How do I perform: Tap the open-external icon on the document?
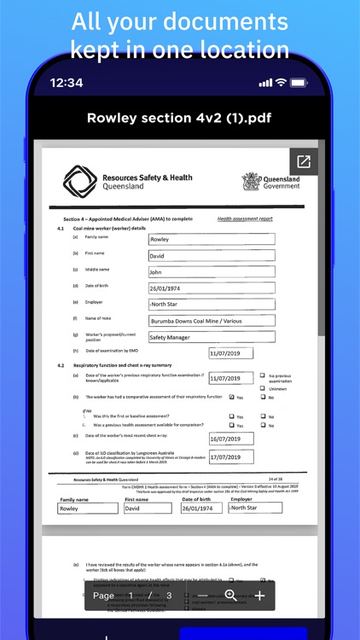click(304, 161)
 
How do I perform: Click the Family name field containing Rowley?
click(211, 240)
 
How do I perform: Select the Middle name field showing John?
click(211, 272)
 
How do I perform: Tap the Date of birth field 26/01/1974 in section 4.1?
click(211, 288)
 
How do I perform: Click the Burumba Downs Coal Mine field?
click(211, 321)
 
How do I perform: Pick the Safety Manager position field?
click(211, 337)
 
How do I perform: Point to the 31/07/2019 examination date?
click(231, 353)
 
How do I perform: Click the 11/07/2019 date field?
click(231, 378)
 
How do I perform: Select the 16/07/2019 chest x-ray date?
click(231, 439)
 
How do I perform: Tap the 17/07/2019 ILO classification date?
click(231, 457)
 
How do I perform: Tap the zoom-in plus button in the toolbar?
click(260, 596)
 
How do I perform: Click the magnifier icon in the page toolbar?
click(230, 596)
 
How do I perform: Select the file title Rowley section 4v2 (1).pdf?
click(179, 118)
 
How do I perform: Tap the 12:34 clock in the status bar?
click(67, 83)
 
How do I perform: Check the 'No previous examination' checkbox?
click(262, 375)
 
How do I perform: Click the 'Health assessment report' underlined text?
click(245, 219)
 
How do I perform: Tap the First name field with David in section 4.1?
click(211, 256)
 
